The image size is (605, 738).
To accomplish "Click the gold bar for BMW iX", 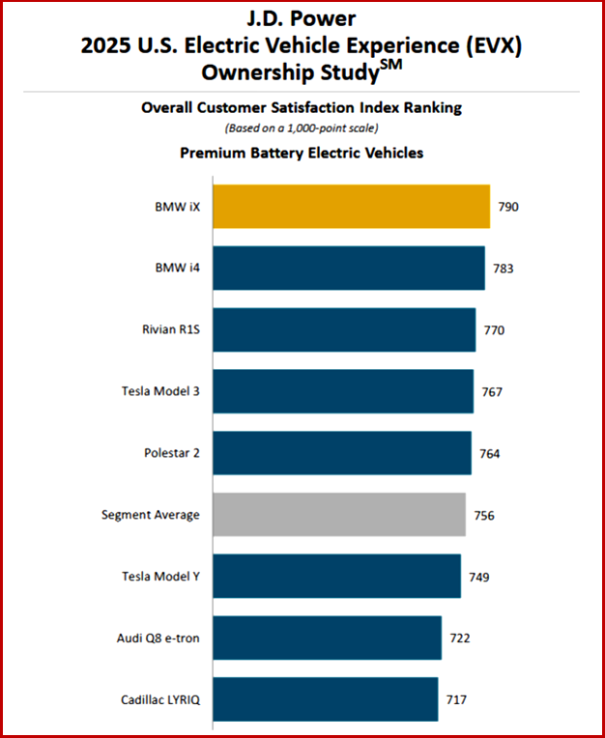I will [x=351, y=207].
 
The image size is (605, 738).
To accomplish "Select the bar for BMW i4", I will [x=348, y=269].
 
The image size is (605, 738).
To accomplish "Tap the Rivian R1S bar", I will [x=344, y=330].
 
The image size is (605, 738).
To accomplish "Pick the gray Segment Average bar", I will [x=339, y=515].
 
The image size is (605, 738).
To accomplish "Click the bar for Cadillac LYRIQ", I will [x=325, y=699].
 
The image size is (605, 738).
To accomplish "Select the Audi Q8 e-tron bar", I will [x=327, y=639].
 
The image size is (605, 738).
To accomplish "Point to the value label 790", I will [x=509, y=207].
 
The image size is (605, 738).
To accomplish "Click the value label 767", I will [x=492, y=392].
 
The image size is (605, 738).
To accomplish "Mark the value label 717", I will [x=457, y=699].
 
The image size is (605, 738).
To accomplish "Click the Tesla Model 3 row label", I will [x=160, y=391].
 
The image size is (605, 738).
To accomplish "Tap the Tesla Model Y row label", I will [x=160, y=577].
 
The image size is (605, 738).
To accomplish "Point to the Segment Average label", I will [x=151, y=515].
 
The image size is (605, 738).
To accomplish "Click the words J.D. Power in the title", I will [x=302, y=17].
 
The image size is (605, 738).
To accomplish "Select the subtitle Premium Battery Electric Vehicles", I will [x=302, y=153].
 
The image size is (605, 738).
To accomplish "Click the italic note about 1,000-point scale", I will [x=302, y=128].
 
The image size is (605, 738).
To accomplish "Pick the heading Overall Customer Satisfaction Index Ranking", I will [x=302, y=109].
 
